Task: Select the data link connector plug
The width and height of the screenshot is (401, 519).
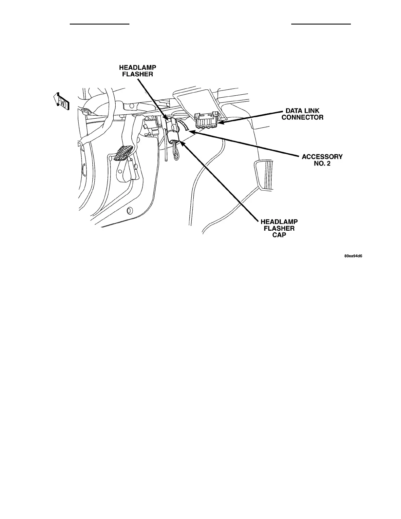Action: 207,121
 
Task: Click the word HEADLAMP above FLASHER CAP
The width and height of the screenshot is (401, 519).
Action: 279,222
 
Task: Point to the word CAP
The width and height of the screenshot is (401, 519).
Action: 279,235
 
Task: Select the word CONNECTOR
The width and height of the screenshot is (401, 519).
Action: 302,117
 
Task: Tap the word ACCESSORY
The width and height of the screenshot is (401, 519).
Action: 322,157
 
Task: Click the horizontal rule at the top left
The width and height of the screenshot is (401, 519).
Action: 100,24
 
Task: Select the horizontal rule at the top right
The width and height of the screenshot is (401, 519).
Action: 321,24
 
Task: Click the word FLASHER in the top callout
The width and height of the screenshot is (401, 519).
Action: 137,74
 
